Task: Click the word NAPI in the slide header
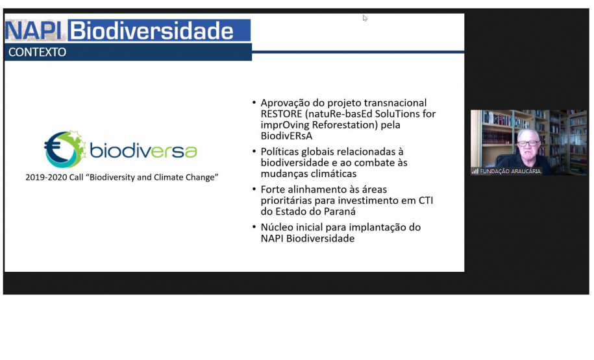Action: pyautogui.click(x=35, y=30)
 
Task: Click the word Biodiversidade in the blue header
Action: pyautogui.click(x=151, y=30)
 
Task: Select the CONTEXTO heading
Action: pyautogui.click(x=38, y=53)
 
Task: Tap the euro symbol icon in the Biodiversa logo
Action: pyautogui.click(x=64, y=149)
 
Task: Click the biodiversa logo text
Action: pyautogui.click(x=143, y=151)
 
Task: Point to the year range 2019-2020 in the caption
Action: pyautogui.click(x=48, y=177)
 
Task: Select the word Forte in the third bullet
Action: pyautogui.click(x=275, y=189)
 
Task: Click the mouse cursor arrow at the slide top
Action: pyautogui.click(x=365, y=18)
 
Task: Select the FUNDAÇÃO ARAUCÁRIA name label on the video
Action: pyautogui.click(x=510, y=171)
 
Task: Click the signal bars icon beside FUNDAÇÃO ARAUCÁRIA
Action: pyautogui.click(x=475, y=171)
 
